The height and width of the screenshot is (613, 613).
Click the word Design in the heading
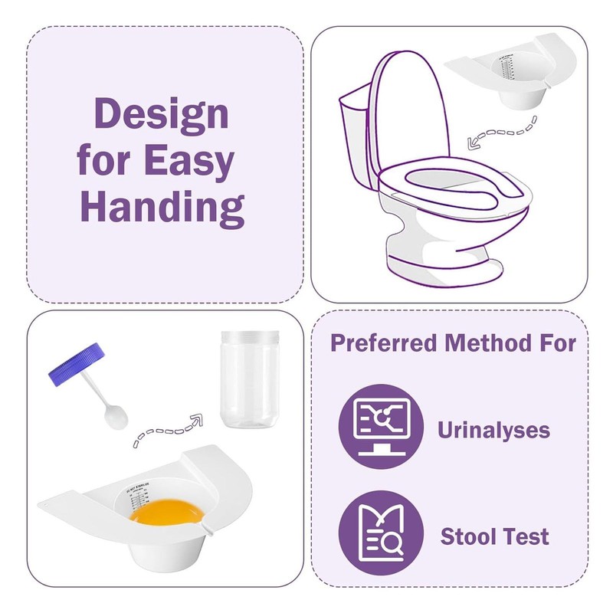point(161,115)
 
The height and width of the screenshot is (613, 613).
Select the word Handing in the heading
point(162,206)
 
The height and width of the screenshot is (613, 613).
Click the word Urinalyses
point(493,430)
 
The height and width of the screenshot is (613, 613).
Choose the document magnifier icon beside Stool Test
point(381,533)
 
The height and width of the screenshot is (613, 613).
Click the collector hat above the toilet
point(513,77)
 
